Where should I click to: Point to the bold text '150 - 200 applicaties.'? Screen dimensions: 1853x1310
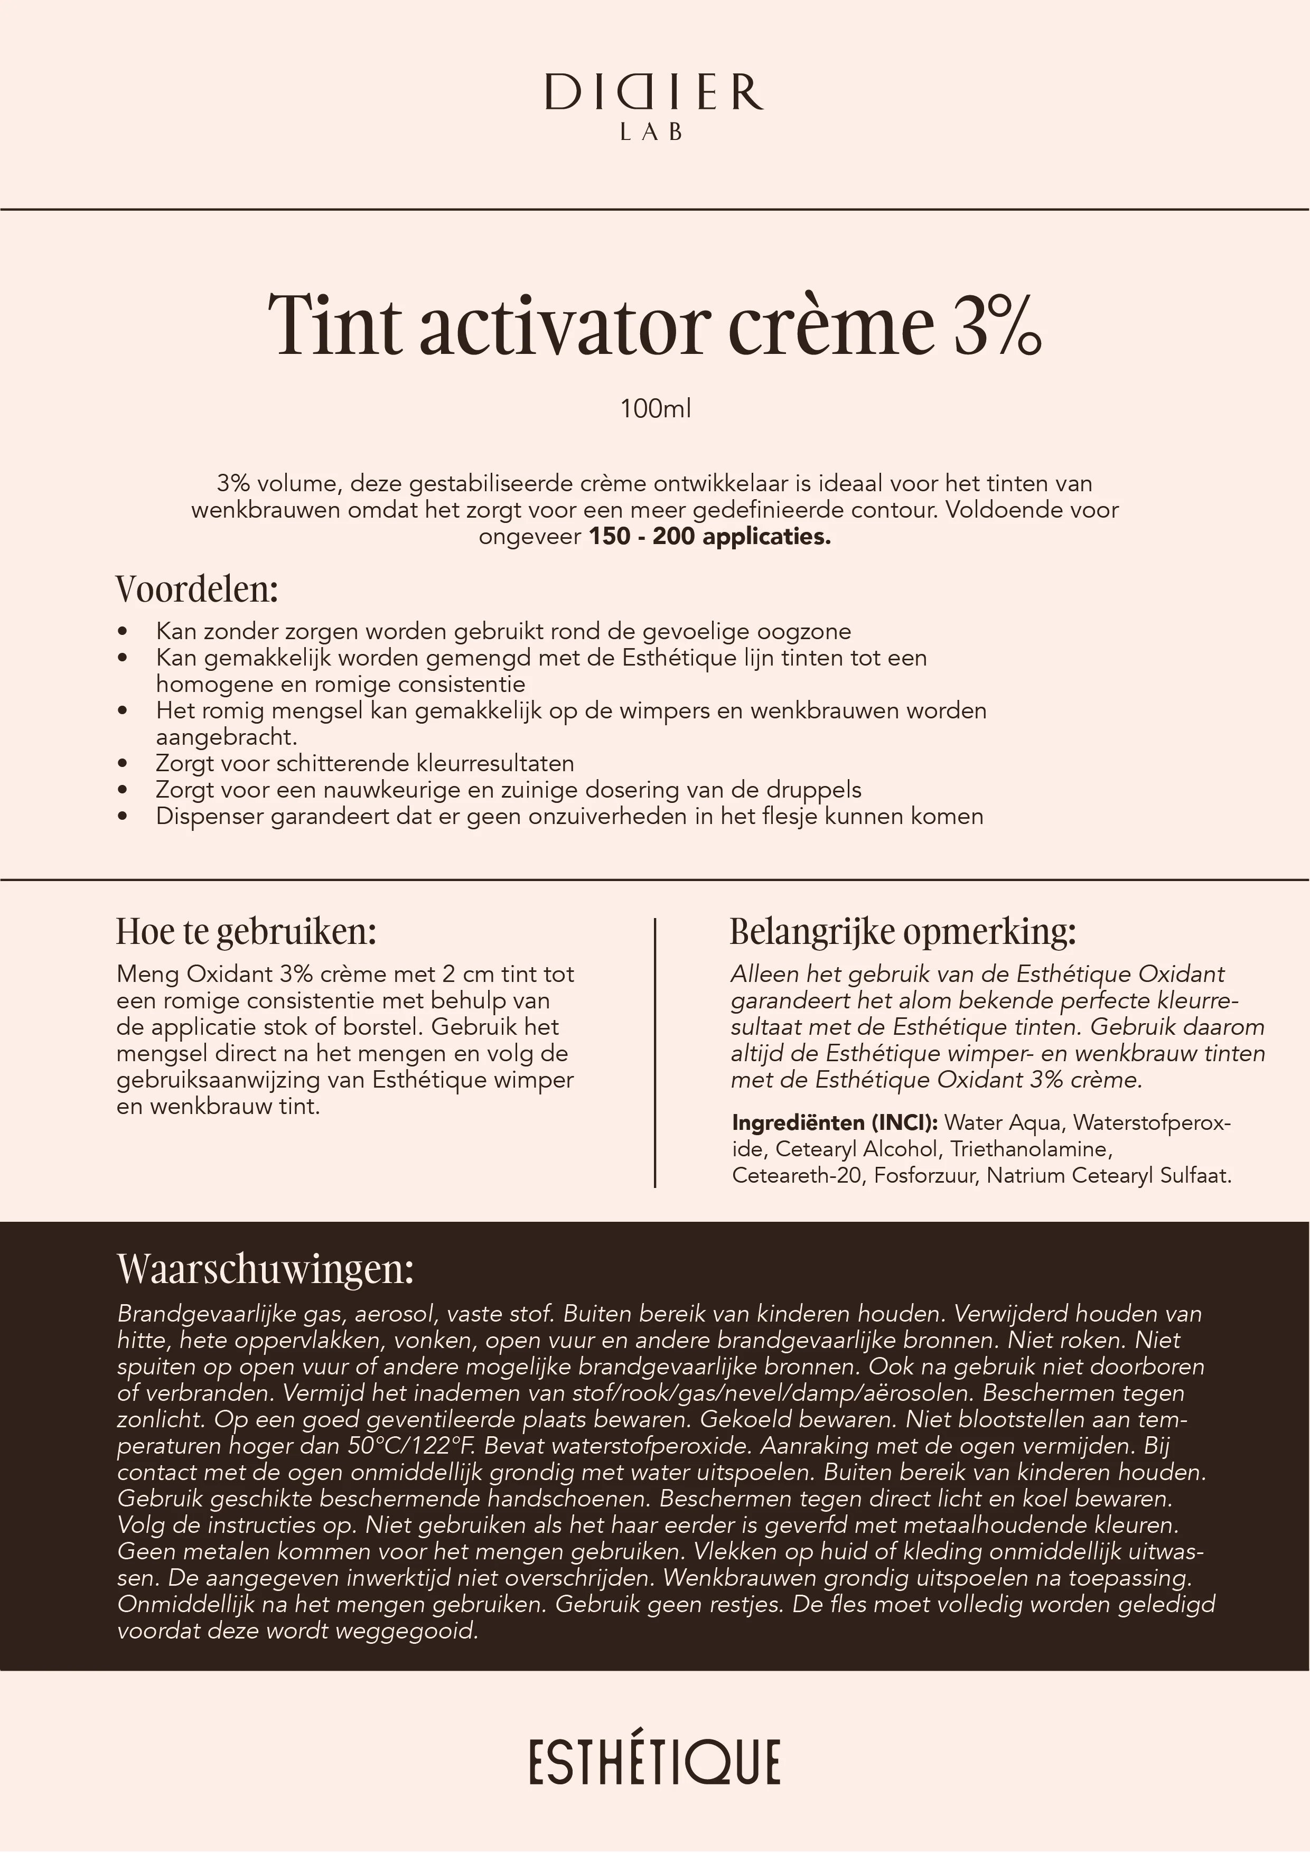click(709, 537)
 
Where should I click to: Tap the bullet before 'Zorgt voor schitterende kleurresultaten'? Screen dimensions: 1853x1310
click(123, 763)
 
